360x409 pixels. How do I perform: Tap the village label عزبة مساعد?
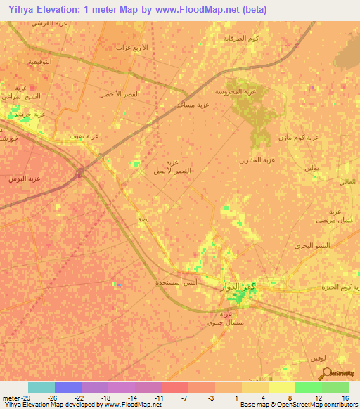point(193,105)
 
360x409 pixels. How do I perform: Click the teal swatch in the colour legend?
point(41,387)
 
